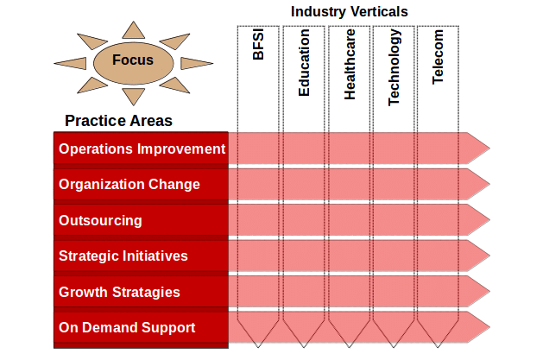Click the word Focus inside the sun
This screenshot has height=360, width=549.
pyautogui.click(x=133, y=60)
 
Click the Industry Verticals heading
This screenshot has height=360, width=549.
pyautogui.click(x=349, y=11)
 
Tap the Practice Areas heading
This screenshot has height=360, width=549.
pyautogui.click(x=118, y=121)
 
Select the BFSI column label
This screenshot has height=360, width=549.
pyautogui.click(x=258, y=45)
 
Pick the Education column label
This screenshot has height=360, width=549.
pyautogui.click(x=304, y=62)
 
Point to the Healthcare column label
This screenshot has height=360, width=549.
pyautogui.click(x=350, y=65)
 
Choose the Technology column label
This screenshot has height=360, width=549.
pyautogui.click(x=394, y=67)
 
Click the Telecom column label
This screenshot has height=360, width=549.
pyautogui.click(x=438, y=57)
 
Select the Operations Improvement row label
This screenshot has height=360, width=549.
pyautogui.click(x=142, y=148)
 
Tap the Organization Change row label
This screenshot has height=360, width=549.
pyautogui.click(x=129, y=184)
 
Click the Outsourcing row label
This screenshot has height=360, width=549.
pyautogui.click(x=100, y=220)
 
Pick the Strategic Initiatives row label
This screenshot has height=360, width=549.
pyautogui.click(x=123, y=256)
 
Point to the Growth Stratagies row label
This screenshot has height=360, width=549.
pyautogui.click(x=119, y=292)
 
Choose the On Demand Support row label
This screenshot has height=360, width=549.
pyautogui.click(x=127, y=327)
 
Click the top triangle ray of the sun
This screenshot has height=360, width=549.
pyautogui.click(x=134, y=30)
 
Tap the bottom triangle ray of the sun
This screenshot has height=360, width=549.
pyautogui.click(x=134, y=97)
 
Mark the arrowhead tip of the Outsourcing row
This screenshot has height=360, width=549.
pyautogui.click(x=489, y=220)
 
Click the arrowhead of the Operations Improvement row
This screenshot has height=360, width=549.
pyautogui.click(x=478, y=148)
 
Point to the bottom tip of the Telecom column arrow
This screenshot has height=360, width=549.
pyautogui.click(x=438, y=347)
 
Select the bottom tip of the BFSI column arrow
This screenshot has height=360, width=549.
pyautogui.click(x=258, y=347)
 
